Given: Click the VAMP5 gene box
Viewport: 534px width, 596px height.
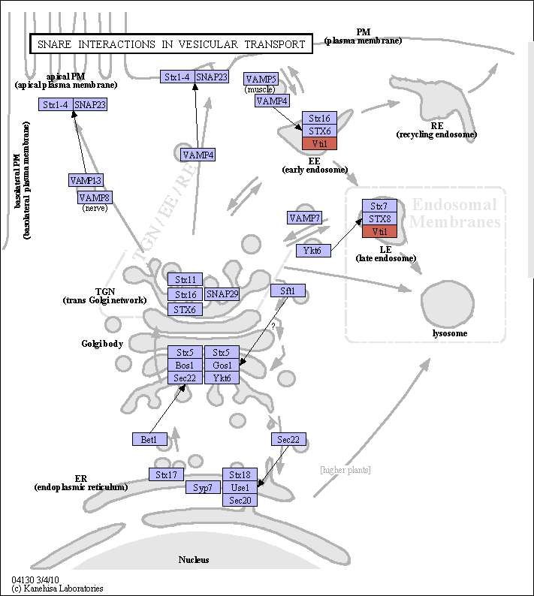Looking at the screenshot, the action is (261, 79).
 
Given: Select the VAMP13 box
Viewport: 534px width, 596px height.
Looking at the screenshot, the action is (86, 180).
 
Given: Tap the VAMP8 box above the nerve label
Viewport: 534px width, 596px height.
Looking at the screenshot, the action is (95, 197).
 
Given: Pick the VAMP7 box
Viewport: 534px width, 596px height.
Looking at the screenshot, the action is (304, 218).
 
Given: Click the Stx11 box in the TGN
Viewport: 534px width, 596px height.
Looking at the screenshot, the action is (186, 279).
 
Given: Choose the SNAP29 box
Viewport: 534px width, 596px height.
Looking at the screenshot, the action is (222, 294).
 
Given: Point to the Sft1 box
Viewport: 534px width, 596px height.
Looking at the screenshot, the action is (288, 290).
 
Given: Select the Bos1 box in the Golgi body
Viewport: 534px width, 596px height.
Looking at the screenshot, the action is (186, 365).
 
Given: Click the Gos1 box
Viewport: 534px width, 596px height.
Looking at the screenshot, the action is (222, 365).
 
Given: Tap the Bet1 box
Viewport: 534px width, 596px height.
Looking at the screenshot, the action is (150, 439).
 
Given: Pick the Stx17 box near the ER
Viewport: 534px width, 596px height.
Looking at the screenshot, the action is (166, 474).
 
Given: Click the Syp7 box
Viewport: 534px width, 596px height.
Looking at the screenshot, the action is (203, 487).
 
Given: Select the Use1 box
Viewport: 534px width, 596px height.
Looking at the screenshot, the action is (240, 487).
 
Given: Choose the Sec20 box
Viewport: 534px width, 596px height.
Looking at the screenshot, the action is (240, 500).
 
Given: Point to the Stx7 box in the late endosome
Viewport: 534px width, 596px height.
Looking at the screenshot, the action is (379, 206).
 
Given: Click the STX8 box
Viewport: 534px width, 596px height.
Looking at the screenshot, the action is (379, 218).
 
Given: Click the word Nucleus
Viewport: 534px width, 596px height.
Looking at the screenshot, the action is (194, 559).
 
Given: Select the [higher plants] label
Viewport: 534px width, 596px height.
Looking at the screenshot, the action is (345, 470).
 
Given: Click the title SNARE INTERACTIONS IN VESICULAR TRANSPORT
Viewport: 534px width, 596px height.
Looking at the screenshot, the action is (171, 44).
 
